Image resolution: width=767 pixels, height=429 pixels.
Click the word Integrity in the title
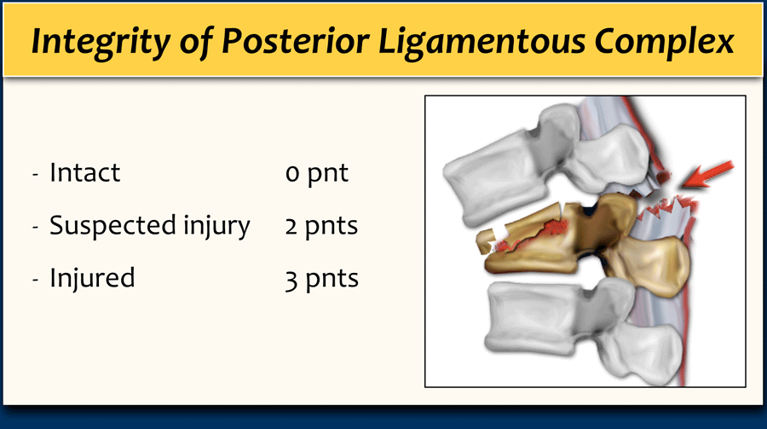101,41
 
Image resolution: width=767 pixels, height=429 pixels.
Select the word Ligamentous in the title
482,42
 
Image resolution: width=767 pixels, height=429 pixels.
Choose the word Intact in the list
84,172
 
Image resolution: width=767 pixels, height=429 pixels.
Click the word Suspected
113,226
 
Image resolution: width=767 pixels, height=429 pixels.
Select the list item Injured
92,278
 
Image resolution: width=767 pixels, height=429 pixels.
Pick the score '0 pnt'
317,174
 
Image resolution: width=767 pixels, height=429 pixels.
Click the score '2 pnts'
321,226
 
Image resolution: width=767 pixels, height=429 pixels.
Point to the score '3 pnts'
322,279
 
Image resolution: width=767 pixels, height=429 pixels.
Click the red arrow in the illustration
707,174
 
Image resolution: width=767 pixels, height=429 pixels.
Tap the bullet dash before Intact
35,174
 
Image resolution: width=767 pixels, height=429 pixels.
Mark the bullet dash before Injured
35,280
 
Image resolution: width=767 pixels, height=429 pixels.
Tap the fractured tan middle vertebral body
533,240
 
